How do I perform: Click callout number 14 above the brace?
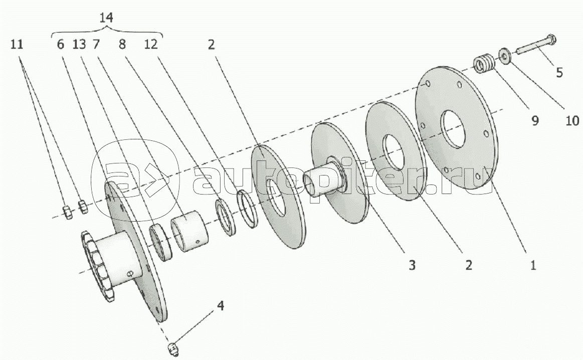pyautogui.click(x=106, y=18)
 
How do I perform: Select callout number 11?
pyautogui.click(x=17, y=44)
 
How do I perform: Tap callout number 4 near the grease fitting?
pyautogui.click(x=221, y=306)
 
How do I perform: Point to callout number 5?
pyautogui.click(x=559, y=72)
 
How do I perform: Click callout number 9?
pyautogui.click(x=535, y=120)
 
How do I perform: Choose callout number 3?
pyautogui.click(x=412, y=265)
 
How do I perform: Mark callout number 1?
pyautogui.click(x=533, y=265)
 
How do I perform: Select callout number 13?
pyautogui.click(x=79, y=44)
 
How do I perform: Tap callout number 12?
pyautogui.click(x=151, y=44)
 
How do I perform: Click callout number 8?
pyautogui.click(x=122, y=44)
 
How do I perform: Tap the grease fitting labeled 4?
pyautogui.click(x=170, y=349)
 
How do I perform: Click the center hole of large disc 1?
pyautogui.click(x=453, y=129)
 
